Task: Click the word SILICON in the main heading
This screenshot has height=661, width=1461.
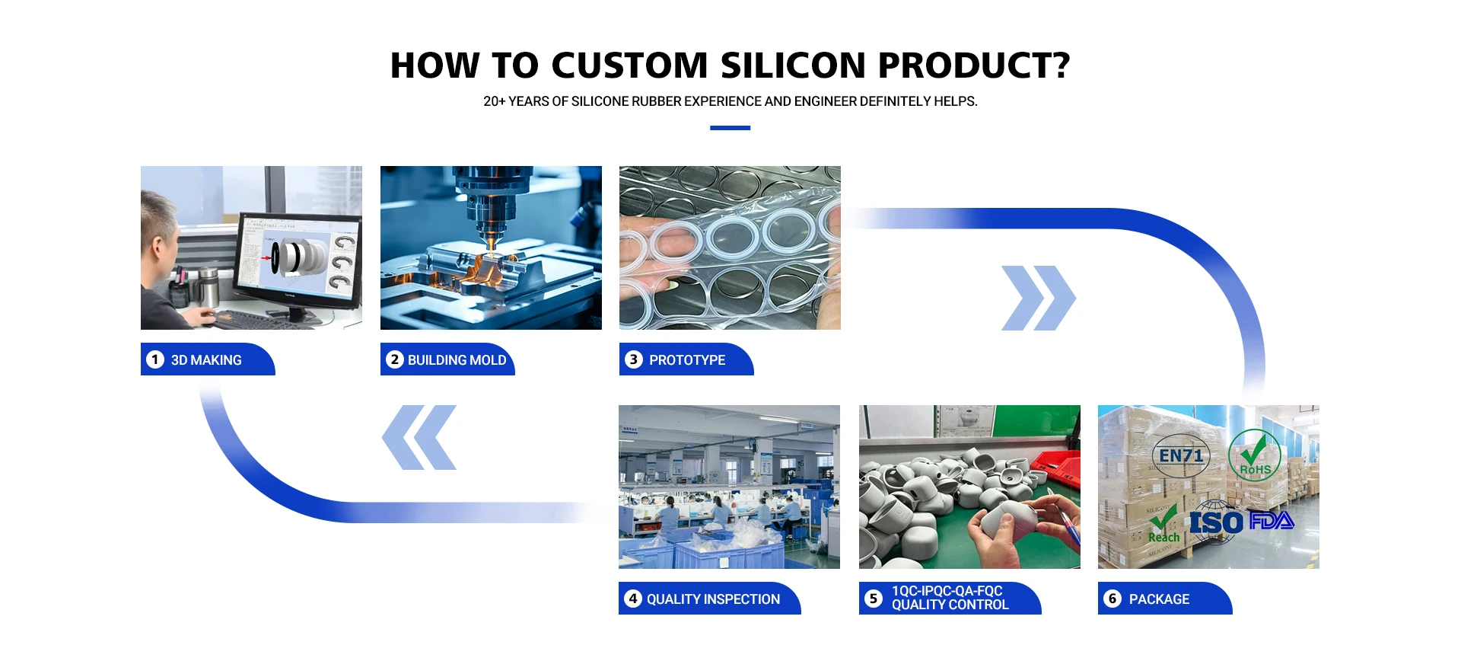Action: click(x=793, y=65)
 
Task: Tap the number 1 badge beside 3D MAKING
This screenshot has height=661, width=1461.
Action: click(x=155, y=359)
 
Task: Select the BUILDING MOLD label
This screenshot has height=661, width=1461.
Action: click(x=457, y=360)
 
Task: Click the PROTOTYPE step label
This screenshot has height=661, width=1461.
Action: click(x=687, y=360)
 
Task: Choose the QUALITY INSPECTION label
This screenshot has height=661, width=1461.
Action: click(x=713, y=599)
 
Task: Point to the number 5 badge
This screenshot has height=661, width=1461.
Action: click(x=874, y=599)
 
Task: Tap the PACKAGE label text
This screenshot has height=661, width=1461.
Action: click(x=1159, y=599)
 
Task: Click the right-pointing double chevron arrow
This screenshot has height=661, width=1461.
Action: click(x=1039, y=298)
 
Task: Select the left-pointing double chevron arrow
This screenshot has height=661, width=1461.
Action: click(x=419, y=437)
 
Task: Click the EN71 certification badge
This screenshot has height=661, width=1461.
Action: click(x=1181, y=455)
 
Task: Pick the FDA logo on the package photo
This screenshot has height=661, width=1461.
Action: click(x=1272, y=521)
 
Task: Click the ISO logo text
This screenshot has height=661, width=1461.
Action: click(x=1216, y=523)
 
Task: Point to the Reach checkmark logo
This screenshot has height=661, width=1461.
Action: click(x=1163, y=524)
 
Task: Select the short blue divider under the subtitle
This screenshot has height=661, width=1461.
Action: click(x=730, y=128)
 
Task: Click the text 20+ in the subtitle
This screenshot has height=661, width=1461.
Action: click(x=494, y=101)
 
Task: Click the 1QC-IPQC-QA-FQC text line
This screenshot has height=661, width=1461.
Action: click(x=947, y=591)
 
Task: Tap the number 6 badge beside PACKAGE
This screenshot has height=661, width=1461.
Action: click(x=1112, y=599)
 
